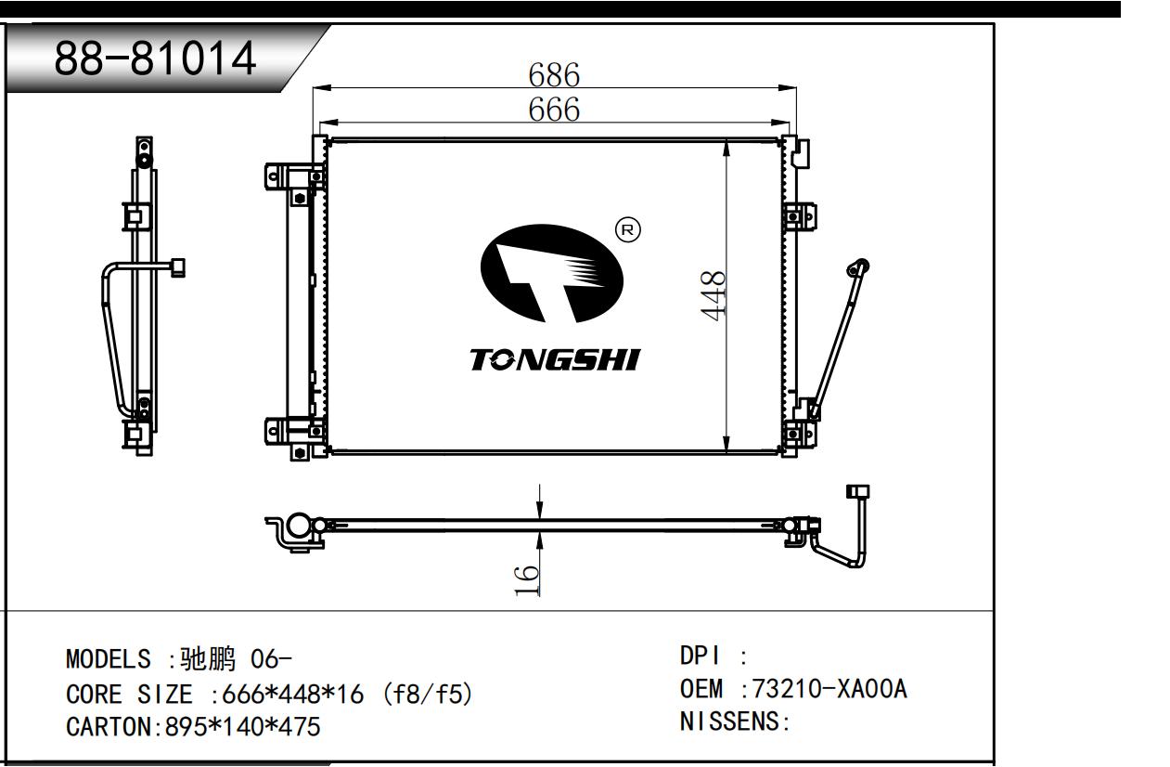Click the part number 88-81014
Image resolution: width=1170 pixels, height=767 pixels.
(155, 58)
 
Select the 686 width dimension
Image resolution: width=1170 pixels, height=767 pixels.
(554, 74)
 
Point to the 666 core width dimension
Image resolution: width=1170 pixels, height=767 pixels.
(554, 110)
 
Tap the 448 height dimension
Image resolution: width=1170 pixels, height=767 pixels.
(713, 295)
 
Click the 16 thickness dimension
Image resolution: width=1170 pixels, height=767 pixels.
(526, 580)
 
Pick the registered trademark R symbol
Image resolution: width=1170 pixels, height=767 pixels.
(628, 230)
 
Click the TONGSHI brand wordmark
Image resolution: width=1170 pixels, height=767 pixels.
(555, 359)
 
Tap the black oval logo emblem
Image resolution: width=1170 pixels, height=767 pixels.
(551, 274)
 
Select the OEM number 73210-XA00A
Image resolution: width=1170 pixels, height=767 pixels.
(829, 689)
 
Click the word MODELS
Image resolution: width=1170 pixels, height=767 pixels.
(109, 658)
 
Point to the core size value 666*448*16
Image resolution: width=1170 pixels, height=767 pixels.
(292, 695)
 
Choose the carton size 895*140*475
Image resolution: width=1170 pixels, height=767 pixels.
(242, 727)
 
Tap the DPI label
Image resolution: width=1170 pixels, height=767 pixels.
(701, 656)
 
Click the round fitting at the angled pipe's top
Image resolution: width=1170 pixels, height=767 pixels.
(857, 268)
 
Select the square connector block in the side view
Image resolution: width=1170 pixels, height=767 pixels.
(178, 267)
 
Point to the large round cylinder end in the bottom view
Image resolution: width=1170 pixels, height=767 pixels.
(298, 526)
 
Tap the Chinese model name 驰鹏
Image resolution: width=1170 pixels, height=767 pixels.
(208, 658)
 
